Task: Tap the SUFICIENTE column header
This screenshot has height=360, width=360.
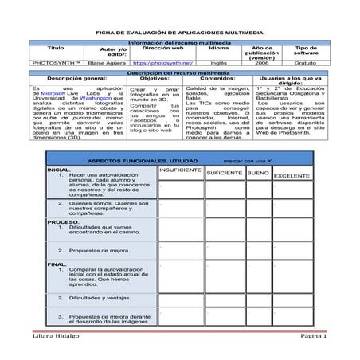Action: click(x=224, y=173)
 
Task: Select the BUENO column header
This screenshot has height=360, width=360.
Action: click(x=258, y=173)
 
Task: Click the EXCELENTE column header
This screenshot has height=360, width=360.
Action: click(x=292, y=174)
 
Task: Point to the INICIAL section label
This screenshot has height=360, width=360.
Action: click(x=58, y=170)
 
